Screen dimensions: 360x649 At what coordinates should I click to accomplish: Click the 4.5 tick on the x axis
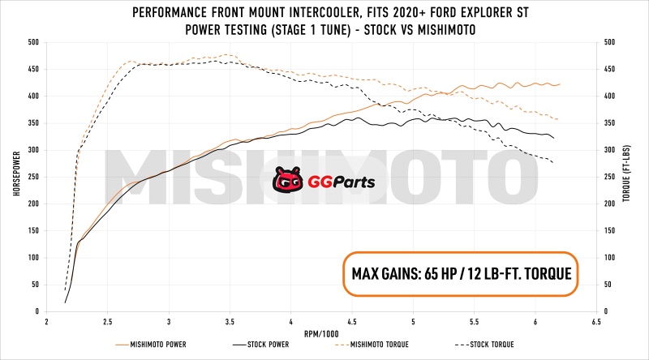353,321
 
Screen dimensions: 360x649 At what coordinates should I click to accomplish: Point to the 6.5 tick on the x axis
598,321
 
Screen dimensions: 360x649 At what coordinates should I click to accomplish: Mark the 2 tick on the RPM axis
46,321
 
